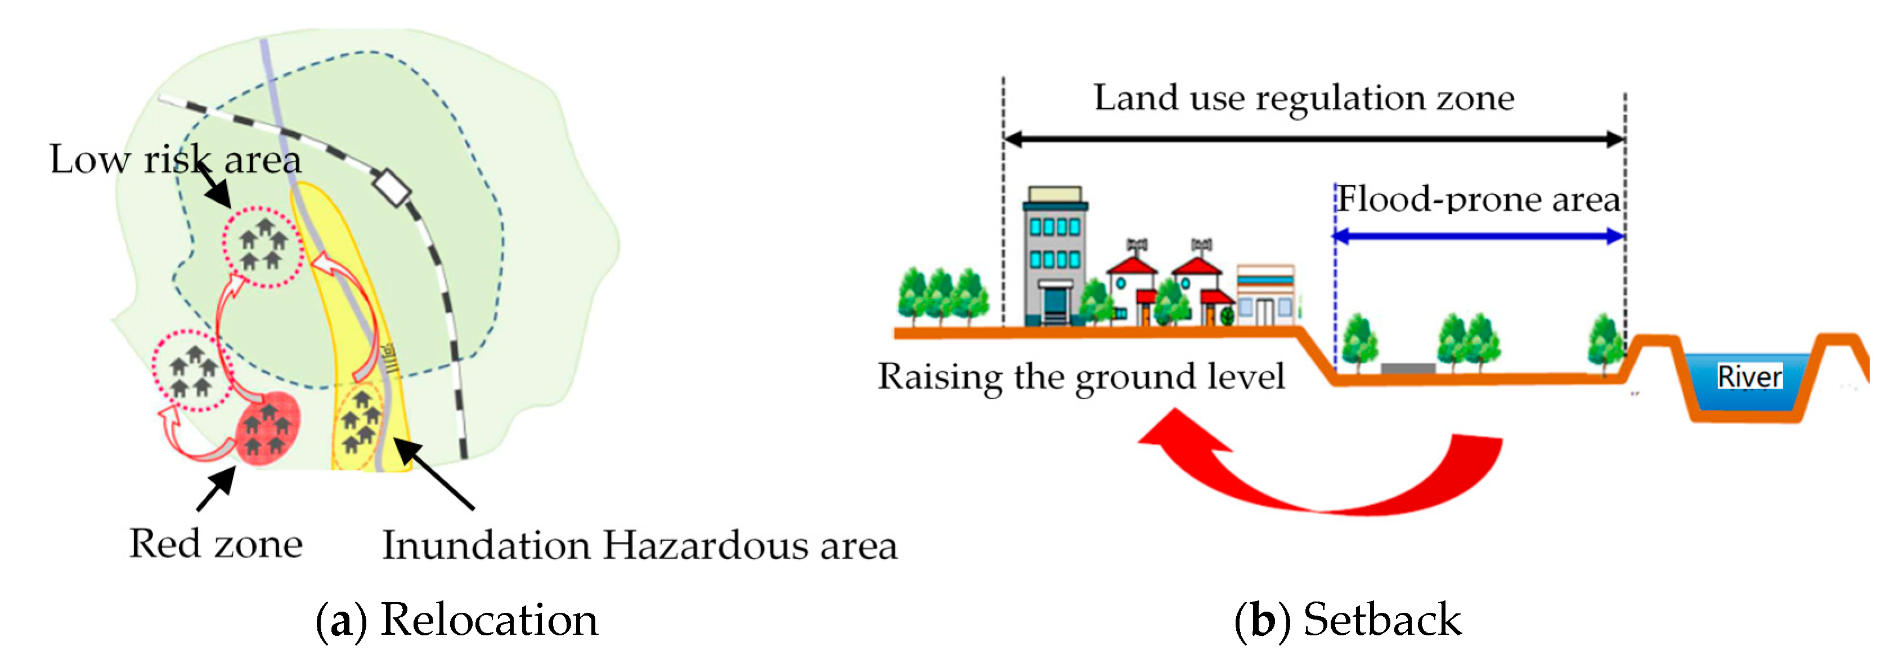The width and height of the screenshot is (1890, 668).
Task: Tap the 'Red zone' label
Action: pyautogui.click(x=216, y=544)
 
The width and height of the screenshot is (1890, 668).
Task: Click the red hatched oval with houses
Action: pyautogui.click(x=268, y=429)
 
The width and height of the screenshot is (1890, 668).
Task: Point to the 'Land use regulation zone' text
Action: pyautogui.click(x=1303, y=97)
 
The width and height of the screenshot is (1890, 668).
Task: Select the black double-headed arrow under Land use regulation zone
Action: pyautogui.click(x=1313, y=139)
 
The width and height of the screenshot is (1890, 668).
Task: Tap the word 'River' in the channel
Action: pyautogui.click(x=1749, y=377)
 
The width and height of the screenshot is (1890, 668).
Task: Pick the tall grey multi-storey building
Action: pyautogui.click(x=1054, y=257)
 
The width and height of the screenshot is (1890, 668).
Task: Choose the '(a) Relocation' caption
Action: pyautogui.click(x=456, y=620)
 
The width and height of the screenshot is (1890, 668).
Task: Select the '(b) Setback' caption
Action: pyautogui.click(x=1347, y=620)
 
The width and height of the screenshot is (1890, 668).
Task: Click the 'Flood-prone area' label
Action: pyautogui.click(x=1477, y=199)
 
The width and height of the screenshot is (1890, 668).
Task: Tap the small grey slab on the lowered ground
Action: pyautogui.click(x=1407, y=368)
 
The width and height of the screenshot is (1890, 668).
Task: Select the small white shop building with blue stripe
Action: pyautogui.click(x=1265, y=295)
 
